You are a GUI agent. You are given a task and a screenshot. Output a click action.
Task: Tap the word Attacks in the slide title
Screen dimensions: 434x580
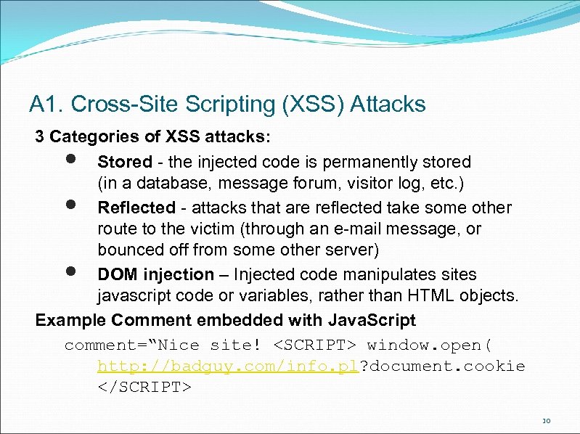(x=388, y=105)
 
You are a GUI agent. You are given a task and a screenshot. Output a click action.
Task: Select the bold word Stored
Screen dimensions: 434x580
(x=125, y=162)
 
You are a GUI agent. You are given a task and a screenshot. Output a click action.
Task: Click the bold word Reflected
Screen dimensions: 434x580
(x=136, y=208)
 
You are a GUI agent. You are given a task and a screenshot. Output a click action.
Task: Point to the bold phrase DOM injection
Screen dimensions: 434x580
(x=156, y=275)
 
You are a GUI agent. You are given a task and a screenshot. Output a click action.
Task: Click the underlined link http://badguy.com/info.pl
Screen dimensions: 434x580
(x=229, y=366)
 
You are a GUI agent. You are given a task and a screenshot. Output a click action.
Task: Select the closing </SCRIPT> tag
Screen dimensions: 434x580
(x=144, y=388)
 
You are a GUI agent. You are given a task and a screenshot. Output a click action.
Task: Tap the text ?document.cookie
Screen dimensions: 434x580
(x=442, y=366)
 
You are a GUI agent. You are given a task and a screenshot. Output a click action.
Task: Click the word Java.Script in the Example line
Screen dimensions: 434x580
(x=372, y=320)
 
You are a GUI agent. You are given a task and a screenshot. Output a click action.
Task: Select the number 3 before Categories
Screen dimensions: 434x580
(x=41, y=136)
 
